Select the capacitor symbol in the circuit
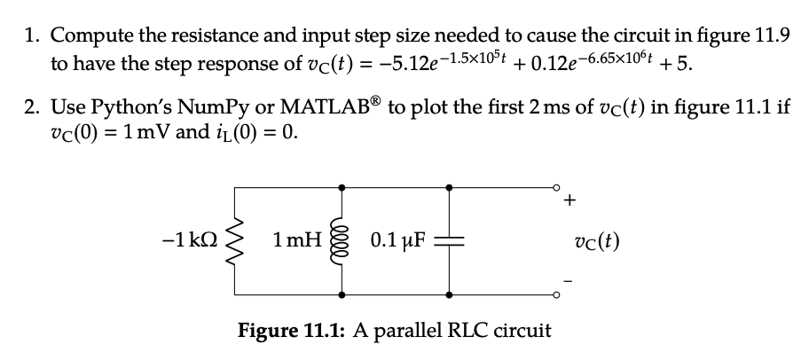pos(449,239)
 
